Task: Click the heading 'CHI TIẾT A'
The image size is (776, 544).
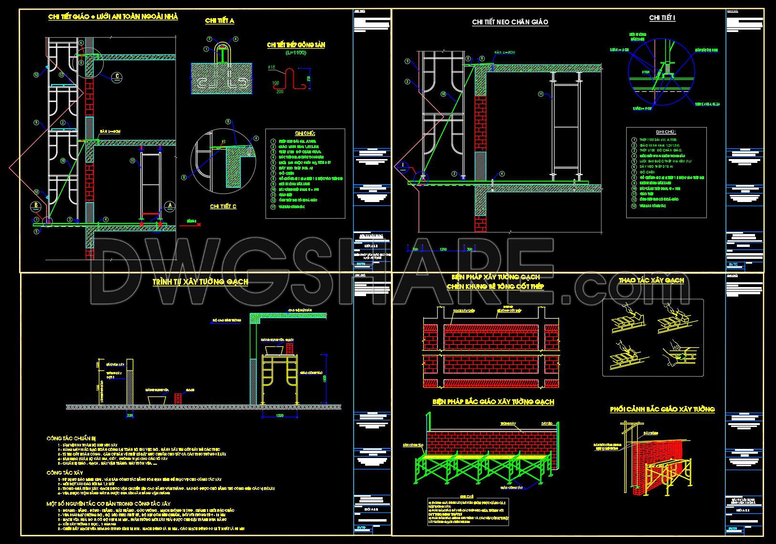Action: (219, 21)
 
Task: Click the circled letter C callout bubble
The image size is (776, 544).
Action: (117, 76)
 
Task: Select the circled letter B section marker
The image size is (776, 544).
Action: (36, 206)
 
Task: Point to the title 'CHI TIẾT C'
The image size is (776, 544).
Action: (223, 206)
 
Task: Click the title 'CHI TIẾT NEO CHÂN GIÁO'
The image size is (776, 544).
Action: (510, 22)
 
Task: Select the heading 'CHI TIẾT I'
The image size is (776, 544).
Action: (662, 18)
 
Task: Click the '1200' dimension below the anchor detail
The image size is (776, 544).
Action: (443, 249)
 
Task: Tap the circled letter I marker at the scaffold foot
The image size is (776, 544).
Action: (403, 165)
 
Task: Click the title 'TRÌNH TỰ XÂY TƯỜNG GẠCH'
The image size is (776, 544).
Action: (200, 282)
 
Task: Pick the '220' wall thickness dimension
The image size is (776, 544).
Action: (130, 415)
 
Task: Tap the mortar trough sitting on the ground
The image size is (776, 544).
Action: (157, 385)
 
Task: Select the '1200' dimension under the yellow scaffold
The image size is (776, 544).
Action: (280, 415)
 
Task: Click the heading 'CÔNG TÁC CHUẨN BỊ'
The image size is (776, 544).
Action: (71, 437)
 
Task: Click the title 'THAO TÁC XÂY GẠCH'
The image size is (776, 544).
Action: (651, 280)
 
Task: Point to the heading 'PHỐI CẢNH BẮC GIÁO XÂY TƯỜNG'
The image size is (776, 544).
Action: (662, 409)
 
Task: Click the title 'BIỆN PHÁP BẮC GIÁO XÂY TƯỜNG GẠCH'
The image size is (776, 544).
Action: (493, 402)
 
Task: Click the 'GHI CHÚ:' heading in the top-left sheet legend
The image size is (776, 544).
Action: (305, 133)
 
